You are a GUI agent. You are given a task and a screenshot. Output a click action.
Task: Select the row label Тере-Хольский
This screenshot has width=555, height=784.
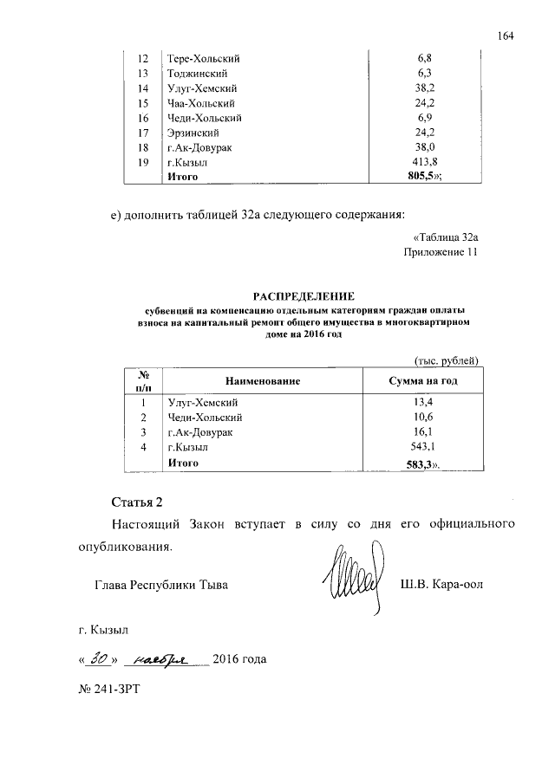203,59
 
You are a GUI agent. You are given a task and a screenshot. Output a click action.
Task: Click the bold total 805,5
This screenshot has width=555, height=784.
417,177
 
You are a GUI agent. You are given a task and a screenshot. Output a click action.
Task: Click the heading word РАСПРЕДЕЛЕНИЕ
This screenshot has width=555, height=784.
298,296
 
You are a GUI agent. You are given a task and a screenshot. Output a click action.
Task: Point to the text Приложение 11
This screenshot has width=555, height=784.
441,252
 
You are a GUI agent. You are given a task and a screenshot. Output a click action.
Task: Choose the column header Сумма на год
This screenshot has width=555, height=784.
420,381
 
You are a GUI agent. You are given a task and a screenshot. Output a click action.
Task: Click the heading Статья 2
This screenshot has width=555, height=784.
137,502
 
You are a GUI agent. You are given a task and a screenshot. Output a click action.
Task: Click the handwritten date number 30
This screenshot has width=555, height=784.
100,659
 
